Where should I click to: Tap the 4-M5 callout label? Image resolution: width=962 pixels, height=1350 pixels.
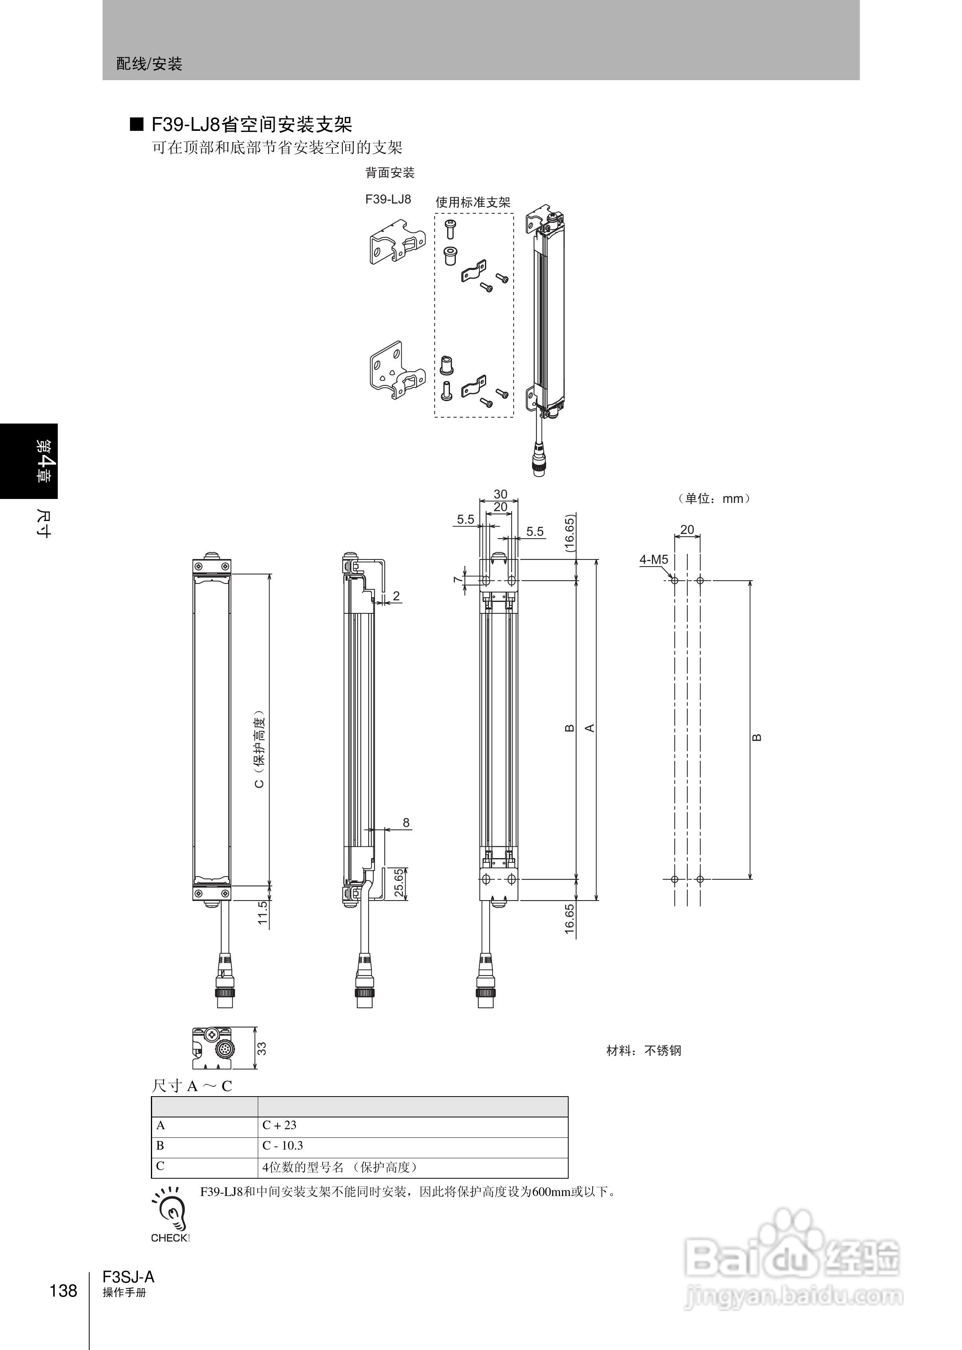(x=654, y=559)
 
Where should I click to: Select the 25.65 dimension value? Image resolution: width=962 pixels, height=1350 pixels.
(x=400, y=883)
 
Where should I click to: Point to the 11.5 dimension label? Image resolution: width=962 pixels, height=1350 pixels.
(x=263, y=912)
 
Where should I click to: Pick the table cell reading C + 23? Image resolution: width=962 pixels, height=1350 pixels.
(x=279, y=1125)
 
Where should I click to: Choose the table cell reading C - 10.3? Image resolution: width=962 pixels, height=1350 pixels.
(x=283, y=1146)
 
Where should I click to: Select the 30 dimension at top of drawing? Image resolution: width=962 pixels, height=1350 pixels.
(x=501, y=494)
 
